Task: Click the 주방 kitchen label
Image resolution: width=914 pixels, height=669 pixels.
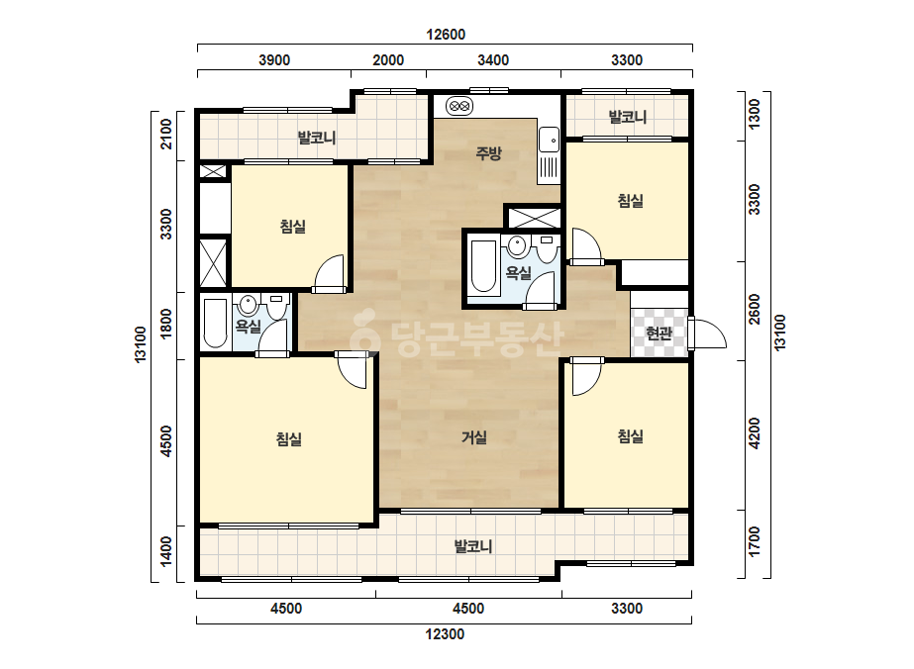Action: pyautogui.click(x=488, y=153)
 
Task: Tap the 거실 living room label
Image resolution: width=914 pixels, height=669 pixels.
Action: pyautogui.click(x=474, y=437)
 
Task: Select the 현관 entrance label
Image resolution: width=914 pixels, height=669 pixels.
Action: pyautogui.click(x=659, y=334)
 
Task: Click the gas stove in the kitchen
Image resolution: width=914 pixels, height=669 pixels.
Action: pyautogui.click(x=459, y=107)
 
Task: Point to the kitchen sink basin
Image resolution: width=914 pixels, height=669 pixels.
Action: pyautogui.click(x=549, y=140)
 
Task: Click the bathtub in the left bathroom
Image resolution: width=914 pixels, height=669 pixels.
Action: pyautogui.click(x=215, y=324)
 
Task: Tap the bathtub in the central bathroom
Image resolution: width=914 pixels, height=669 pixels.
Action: pyautogui.click(x=483, y=266)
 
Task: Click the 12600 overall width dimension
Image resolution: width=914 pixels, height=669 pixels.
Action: pyautogui.click(x=446, y=35)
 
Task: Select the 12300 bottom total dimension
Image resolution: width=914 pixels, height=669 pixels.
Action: pyautogui.click(x=445, y=634)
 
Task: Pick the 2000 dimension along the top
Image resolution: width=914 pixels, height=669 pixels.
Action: pyautogui.click(x=388, y=60)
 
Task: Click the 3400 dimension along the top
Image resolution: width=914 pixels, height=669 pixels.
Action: pyautogui.click(x=493, y=60)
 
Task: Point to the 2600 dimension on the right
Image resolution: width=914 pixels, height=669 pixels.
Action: pyautogui.click(x=755, y=310)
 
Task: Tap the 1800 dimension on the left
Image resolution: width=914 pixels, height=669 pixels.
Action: pyautogui.click(x=166, y=324)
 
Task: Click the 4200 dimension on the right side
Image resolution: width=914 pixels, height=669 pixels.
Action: pyautogui.click(x=755, y=433)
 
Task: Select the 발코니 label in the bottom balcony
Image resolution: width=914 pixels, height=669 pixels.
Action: pyautogui.click(x=473, y=546)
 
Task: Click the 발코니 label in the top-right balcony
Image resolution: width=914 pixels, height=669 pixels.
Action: pyautogui.click(x=628, y=117)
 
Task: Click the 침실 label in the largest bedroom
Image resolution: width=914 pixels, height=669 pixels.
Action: pyautogui.click(x=289, y=438)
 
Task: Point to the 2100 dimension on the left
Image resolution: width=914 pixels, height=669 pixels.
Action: pyautogui.click(x=166, y=134)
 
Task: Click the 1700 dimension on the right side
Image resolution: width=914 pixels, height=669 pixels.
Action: pyautogui.click(x=755, y=541)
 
